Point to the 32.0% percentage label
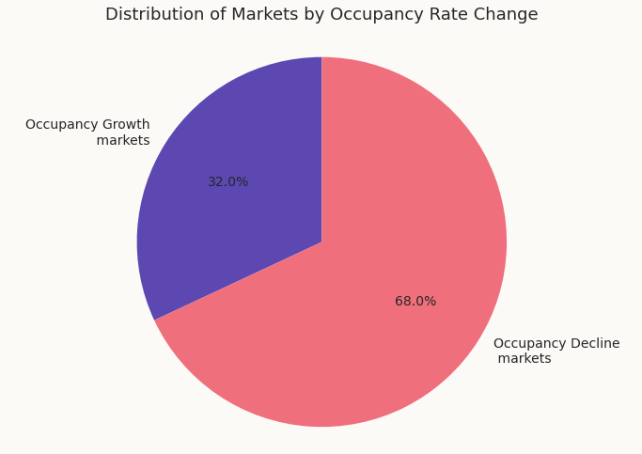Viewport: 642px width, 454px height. [x=228, y=182]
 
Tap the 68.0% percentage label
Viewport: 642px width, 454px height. [x=415, y=302]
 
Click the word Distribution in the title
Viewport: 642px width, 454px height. [x=149, y=15]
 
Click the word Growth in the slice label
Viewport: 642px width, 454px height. [x=127, y=125]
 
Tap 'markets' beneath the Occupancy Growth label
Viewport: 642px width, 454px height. [x=123, y=141]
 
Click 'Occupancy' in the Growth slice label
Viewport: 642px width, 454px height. [x=62, y=125]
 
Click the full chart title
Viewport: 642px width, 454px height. [x=321, y=15]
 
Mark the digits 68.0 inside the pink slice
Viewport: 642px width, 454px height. [x=411, y=302]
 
